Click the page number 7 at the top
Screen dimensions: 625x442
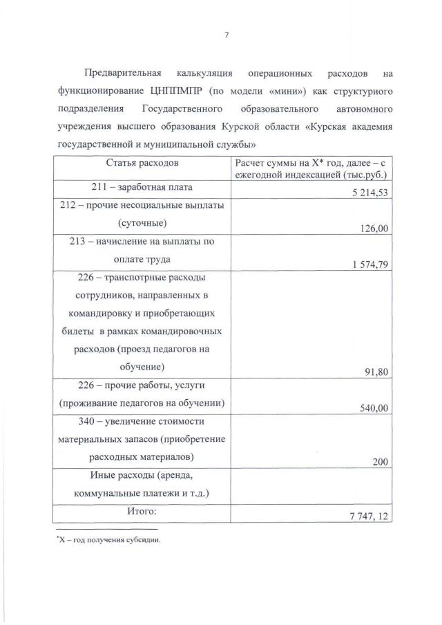click(x=226, y=37)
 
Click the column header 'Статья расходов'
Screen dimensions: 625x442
click(x=142, y=163)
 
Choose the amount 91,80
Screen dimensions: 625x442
click(x=376, y=372)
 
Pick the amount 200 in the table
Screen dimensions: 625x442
click(x=380, y=462)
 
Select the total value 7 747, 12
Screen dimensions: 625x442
click(x=367, y=516)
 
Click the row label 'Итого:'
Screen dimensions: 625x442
click(x=142, y=511)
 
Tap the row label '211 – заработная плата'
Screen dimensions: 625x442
click(x=142, y=188)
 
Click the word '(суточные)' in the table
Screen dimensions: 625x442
click(x=142, y=223)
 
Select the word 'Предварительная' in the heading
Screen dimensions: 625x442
click(x=122, y=73)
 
